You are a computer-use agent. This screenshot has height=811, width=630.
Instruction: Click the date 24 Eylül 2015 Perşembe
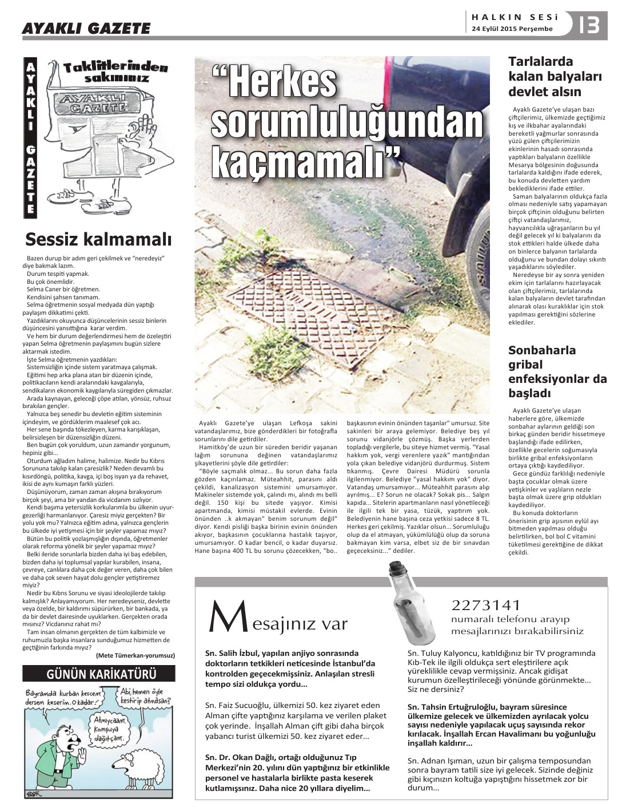pyautogui.click(x=512, y=29)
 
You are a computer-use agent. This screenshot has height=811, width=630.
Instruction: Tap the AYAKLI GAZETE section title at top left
pyautogui.click(x=86, y=28)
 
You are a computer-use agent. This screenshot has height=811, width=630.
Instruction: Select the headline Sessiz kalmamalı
pyautogui.click(x=98, y=238)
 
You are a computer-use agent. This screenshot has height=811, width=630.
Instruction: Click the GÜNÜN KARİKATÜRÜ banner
pyautogui.click(x=98, y=674)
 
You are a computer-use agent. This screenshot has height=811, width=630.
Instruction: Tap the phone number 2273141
pyautogui.click(x=486, y=605)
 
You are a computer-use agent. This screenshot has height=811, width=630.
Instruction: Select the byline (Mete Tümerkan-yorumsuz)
pyautogui.click(x=135, y=655)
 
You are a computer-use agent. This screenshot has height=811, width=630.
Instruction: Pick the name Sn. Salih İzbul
pyautogui.click(x=232, y=652)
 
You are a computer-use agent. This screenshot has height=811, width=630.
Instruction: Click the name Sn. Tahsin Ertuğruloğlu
pyautogui.click(x=451, y=707)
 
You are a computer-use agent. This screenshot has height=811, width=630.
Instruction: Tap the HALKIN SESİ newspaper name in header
pyautogui.click(x=511, y=17)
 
